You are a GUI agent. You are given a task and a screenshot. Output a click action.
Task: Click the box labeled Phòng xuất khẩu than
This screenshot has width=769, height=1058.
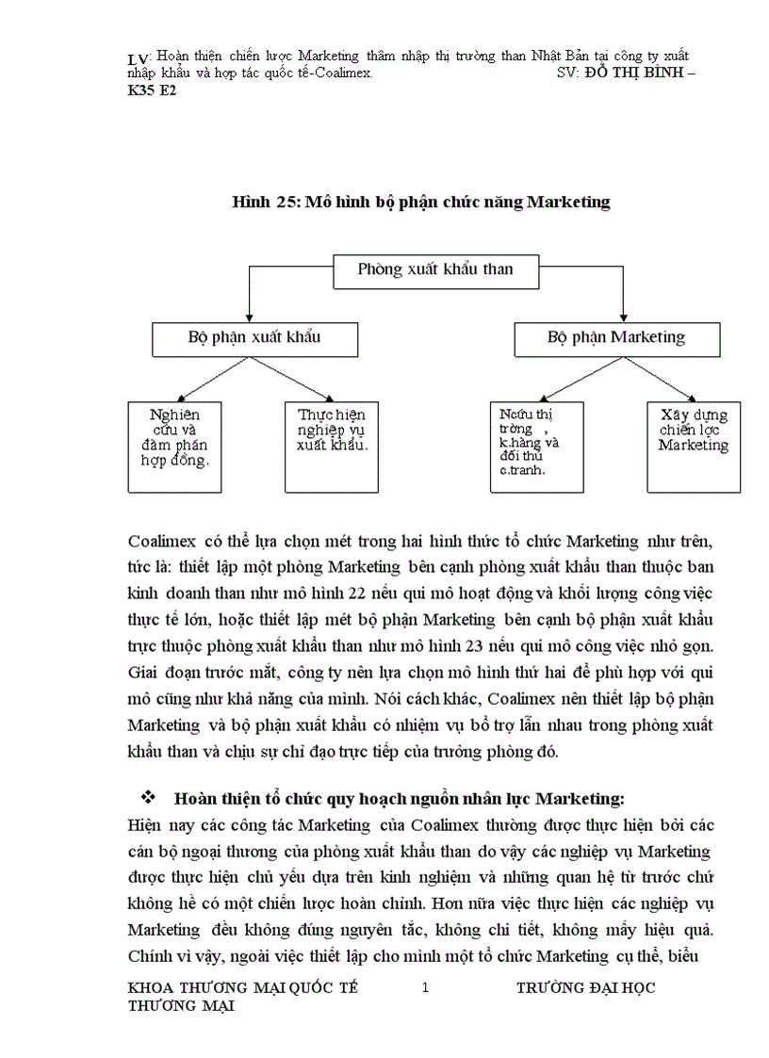(x=436, y=270)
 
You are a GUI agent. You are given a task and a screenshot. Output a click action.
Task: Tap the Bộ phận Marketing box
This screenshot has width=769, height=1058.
(x=616, y=338)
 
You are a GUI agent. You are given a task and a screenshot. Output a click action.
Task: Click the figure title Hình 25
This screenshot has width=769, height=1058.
(x=421, y=202)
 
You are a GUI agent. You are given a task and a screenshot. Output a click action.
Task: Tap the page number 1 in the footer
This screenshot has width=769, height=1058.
(x=425, y=987)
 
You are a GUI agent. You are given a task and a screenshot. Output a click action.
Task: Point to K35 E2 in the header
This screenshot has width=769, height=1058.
(x=152, y=90)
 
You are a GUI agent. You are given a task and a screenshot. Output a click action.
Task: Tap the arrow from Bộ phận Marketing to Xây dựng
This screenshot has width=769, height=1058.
(x=663, y=380)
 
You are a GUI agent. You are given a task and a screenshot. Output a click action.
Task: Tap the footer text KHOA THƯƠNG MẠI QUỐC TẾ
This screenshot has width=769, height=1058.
(x=242, y=987)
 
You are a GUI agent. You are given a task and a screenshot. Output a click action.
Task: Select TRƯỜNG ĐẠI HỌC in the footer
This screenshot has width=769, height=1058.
(x=586, y=987)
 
